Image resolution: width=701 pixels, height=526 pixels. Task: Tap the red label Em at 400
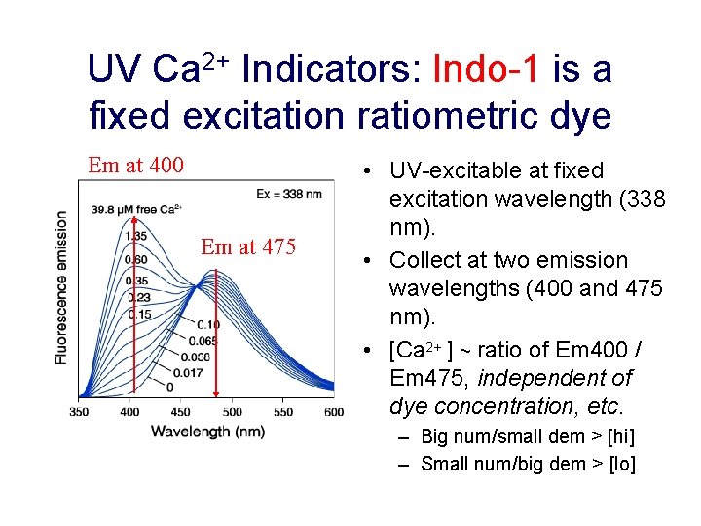point(135,165)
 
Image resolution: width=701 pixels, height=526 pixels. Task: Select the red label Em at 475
point(247,246)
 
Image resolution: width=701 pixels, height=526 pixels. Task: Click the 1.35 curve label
point(136,235)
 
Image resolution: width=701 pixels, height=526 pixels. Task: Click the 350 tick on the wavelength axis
point(80,412)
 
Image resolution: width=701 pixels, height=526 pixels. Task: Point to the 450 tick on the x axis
point(182,412)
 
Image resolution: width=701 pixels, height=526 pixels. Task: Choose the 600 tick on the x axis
point(333,412)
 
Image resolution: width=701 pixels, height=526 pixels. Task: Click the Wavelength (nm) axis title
point(207,431)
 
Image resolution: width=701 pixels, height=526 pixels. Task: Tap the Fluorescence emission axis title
point(61,288)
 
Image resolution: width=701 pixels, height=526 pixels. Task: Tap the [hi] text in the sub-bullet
point(615,436)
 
